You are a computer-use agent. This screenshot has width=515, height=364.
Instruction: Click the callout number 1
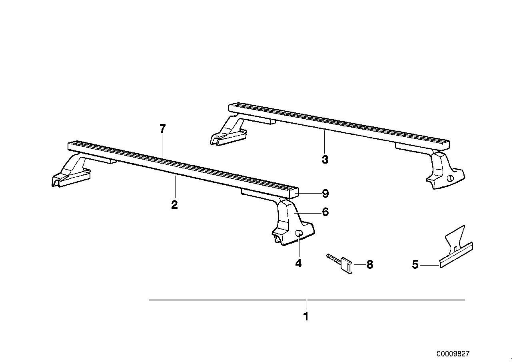click(306, 317)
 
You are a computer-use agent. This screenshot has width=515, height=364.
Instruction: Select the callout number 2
click(174, 205)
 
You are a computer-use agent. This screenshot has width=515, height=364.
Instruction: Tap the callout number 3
click(325, 160)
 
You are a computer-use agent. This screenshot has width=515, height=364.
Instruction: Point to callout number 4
click(298, 263)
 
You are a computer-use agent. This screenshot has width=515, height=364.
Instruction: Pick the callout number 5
click(415, 264)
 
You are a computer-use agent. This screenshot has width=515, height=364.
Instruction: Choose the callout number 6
click(325, 212)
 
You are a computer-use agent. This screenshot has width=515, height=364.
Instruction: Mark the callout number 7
click(162, 129)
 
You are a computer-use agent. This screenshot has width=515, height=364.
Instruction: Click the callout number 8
click(369, 264)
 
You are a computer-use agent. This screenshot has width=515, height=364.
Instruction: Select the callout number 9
click(325, 194)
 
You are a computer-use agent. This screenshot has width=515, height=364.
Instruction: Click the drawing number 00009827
click(453, 354)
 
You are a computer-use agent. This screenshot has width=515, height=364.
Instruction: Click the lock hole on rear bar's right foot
click(451, 179)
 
